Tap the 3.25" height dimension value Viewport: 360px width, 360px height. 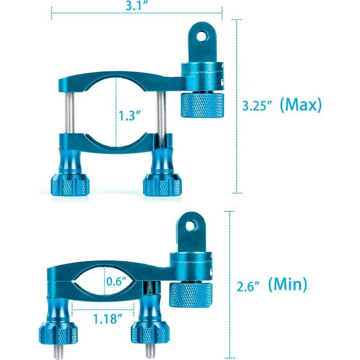tap(257, 106)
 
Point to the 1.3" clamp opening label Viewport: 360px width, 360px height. tap(129, 116)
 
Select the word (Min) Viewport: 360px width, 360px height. tap(287, 285)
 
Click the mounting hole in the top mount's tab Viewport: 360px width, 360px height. tap(200, 36)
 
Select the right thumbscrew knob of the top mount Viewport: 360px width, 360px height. tap(162, 185)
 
